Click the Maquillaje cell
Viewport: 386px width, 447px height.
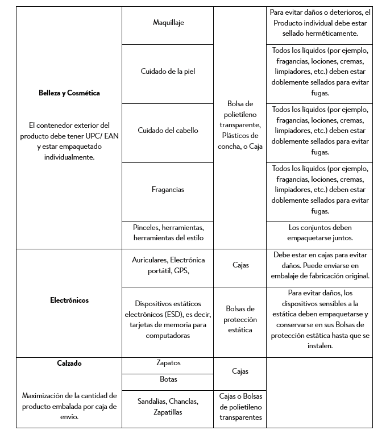click(168, 23)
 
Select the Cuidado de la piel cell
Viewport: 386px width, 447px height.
click(168, 72)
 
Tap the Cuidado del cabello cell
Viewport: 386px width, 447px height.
click(168, 131)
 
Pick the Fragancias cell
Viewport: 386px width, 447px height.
click(168, 190)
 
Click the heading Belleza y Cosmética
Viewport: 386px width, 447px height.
click(69, 93)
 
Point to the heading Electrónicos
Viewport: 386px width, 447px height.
click(69, 300)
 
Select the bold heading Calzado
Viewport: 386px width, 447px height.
click(69, 364)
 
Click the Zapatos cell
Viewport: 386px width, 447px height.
click(168, 363)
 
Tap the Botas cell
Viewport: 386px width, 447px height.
click(168, 379)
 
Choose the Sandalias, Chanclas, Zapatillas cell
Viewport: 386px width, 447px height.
click(168, 407)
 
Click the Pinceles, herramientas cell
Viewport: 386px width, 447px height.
click(168, 232)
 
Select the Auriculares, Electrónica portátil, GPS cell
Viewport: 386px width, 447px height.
click(168, 265)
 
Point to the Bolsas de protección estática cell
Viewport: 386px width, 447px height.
click(239, 319)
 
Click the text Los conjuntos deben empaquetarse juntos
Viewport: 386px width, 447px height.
click(319, 232)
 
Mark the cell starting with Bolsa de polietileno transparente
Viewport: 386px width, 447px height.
click(239, 125)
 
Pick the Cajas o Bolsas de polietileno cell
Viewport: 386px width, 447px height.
click(239, 407)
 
